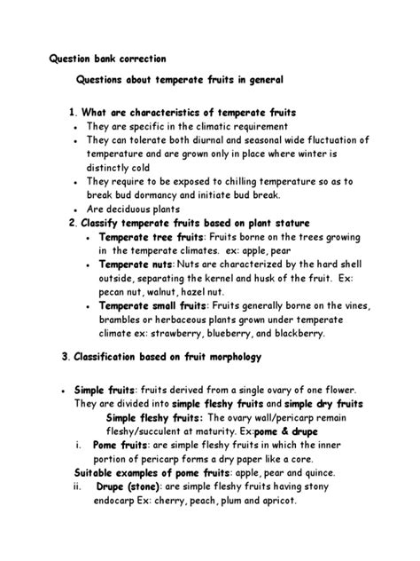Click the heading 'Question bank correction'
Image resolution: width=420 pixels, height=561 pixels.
(x=105, y=59)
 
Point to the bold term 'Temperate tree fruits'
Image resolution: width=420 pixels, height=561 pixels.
(x=152, y=238)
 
